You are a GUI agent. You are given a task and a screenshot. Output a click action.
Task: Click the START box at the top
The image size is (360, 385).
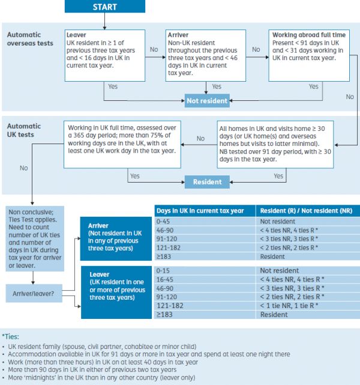(x=104, y=7)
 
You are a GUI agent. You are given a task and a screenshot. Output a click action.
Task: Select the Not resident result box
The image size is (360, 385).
(x=206, y=100)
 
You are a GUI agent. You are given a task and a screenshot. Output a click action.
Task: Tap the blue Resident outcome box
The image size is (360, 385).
(x=206, y=181)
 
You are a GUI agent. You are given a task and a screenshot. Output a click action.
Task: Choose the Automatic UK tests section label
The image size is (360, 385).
(x=24, y=130)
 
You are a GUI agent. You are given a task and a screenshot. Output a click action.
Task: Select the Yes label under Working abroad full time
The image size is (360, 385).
(x=313, y=86)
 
